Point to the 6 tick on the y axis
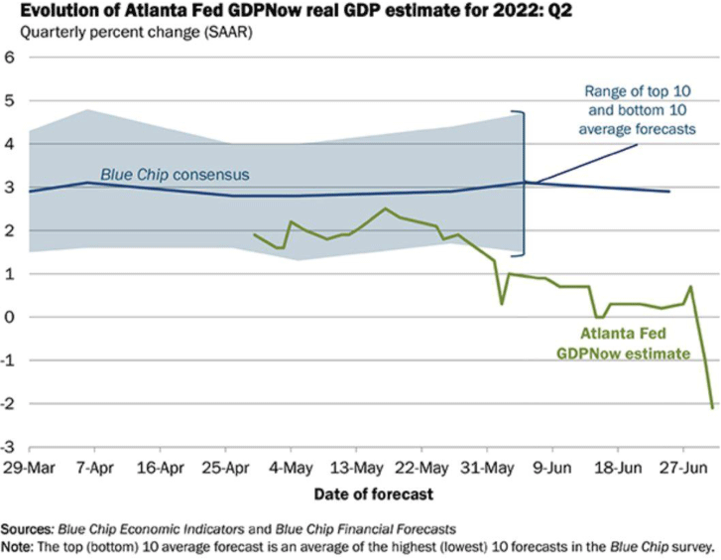pyautogui.click(x=11, y=58)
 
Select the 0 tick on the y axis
pyautogui.click(x=11, y=317)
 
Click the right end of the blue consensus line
pyautogui.click(x=669, y=192)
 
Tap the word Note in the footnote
pyautogui.click(x=19, y=546)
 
